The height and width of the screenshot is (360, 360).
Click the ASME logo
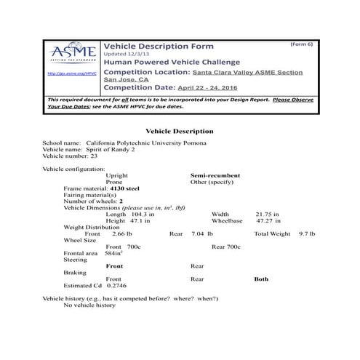click(71, 54)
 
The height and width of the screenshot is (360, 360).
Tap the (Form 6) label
click(300, 45)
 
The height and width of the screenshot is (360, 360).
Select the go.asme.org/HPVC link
click(71, 73)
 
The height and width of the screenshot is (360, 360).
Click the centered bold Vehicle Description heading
click(180, 131)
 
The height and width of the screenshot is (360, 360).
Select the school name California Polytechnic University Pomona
click(145, 143)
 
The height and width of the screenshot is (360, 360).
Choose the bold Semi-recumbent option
click(215, 175)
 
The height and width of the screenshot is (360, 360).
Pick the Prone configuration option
click(114, 182)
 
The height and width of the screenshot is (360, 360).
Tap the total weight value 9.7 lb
click(307, 233)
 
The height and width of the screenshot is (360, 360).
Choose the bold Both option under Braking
click(261, 279)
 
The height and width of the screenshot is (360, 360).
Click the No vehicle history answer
click(89, 305)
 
